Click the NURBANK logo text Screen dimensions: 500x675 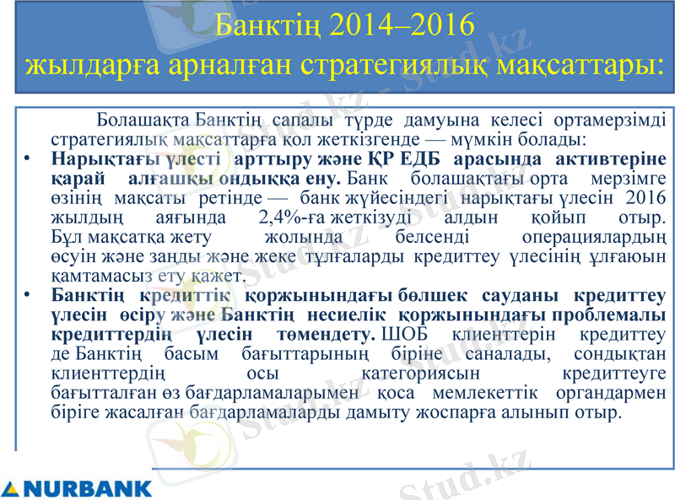[88, 488]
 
